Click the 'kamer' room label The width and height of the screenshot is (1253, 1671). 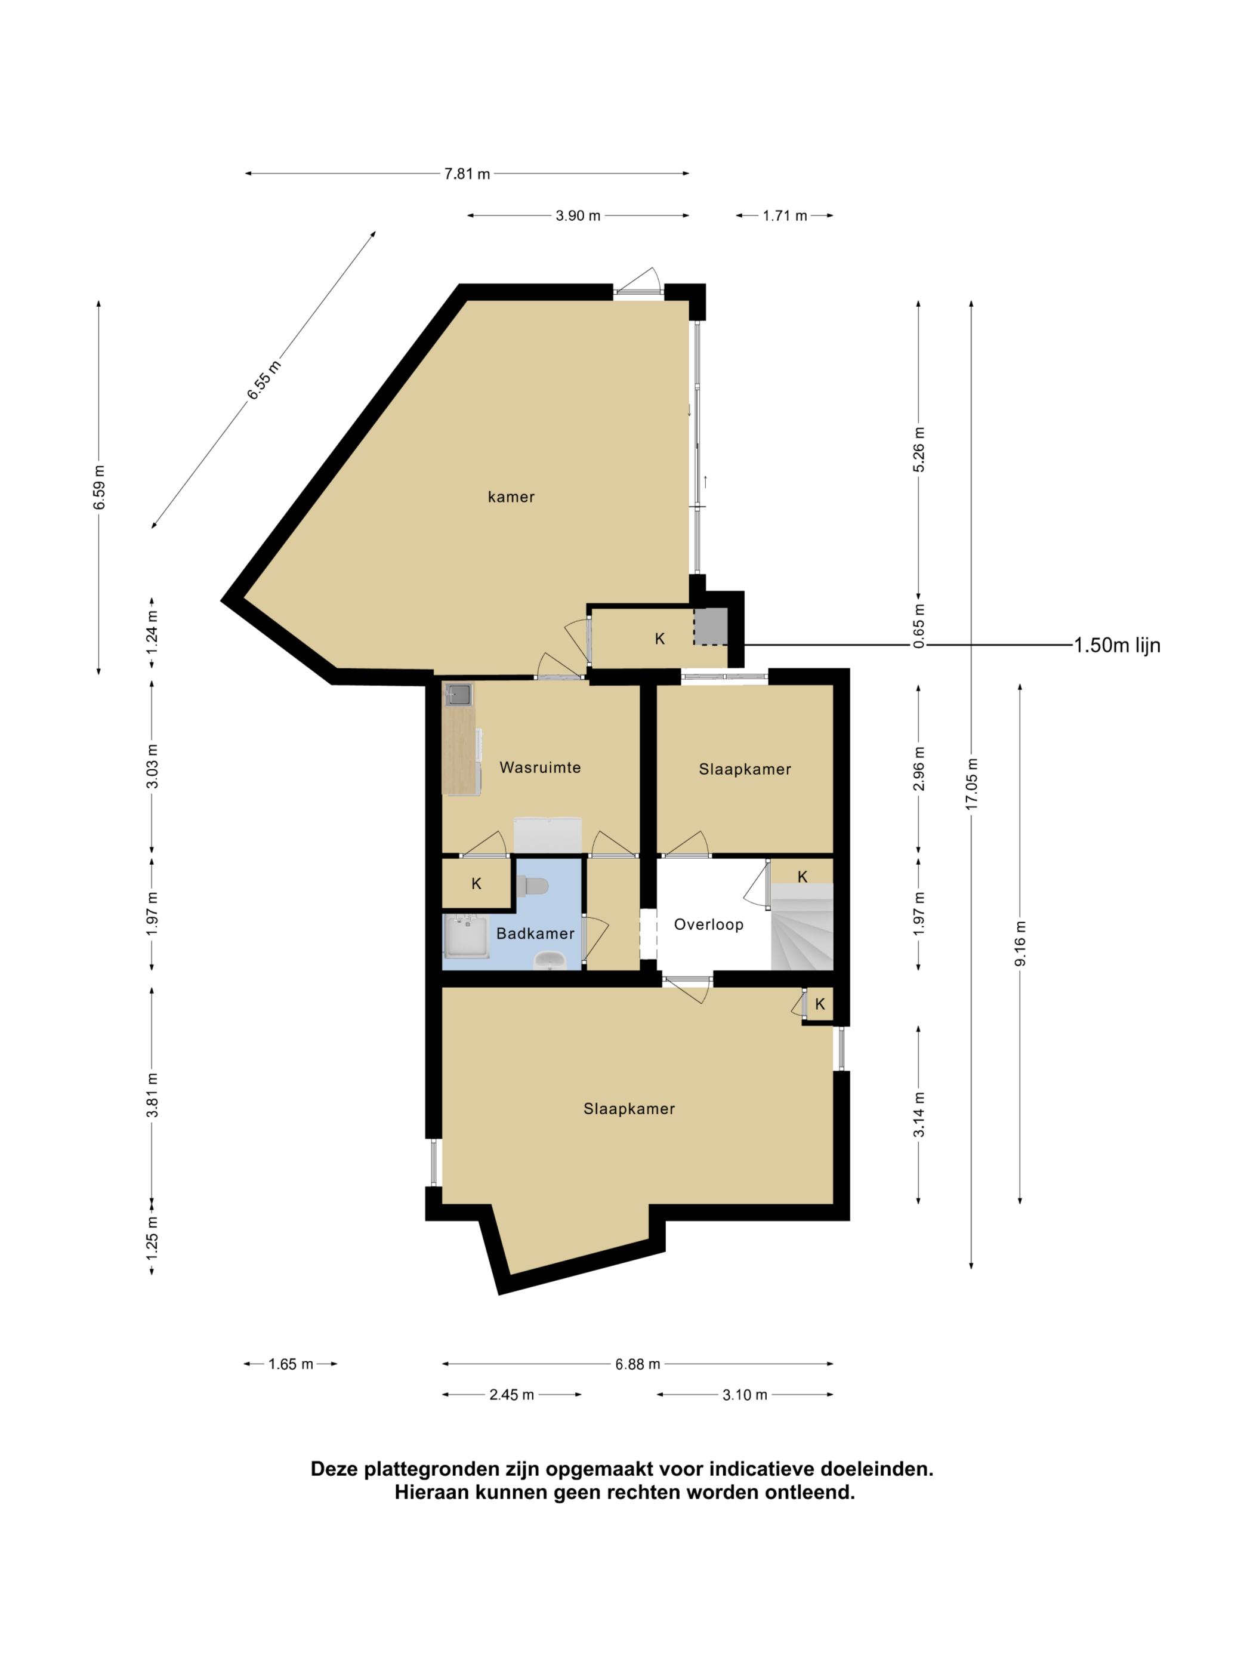511,497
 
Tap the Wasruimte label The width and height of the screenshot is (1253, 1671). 540,767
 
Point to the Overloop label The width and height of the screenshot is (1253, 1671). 708,924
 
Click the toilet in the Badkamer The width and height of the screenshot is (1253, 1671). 532,886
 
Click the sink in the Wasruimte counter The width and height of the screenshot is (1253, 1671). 458,693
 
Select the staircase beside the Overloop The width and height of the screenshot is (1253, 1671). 801,927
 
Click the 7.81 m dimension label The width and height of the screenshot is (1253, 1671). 467,174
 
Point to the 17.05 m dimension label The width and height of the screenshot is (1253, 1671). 971,784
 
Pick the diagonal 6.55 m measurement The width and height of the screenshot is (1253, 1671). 264,380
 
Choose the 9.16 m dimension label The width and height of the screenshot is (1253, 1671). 1020,943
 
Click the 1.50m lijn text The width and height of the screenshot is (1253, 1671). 1117,645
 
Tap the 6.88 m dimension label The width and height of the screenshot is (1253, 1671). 637,1364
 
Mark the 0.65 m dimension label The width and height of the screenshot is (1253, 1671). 918,625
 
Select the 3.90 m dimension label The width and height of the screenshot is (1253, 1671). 578,215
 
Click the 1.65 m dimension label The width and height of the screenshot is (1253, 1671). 291,1364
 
